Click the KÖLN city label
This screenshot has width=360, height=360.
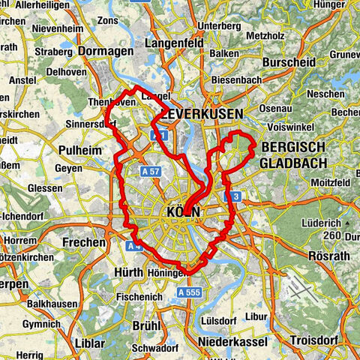coord(181,212)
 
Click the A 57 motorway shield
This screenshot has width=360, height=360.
coord(150,172)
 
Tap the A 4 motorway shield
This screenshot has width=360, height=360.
coord(134,245)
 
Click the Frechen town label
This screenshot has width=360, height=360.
coord(83,242)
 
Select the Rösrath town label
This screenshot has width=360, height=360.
coord(328,256)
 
